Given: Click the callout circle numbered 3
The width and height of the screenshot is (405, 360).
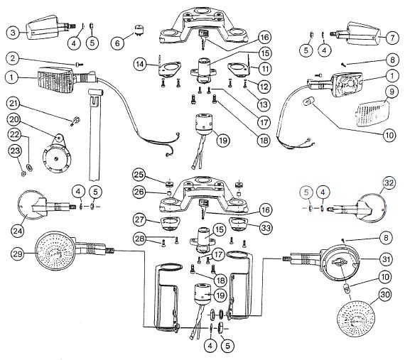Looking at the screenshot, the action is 13,33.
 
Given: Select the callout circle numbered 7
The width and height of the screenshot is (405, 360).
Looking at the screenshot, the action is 392,38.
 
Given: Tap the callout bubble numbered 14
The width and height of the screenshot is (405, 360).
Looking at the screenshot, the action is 141,64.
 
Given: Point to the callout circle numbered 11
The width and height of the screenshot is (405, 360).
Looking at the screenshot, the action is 264,69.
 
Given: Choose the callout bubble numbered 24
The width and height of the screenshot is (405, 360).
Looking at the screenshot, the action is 18,231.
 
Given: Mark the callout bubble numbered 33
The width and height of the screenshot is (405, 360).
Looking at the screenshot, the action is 266,228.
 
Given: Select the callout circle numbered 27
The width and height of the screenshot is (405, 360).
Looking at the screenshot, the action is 140,220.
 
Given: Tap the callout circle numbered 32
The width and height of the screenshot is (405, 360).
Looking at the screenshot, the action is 389,183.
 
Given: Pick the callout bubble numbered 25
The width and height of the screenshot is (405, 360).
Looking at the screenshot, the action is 139,175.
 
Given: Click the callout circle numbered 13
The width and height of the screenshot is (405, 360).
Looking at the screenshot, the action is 264,105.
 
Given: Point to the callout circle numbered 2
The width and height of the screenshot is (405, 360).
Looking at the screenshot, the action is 13,59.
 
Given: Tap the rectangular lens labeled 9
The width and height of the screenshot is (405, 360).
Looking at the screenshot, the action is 373,114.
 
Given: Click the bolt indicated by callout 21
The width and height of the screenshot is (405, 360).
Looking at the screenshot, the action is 75,121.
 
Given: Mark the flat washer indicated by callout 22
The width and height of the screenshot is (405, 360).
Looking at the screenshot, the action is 30,167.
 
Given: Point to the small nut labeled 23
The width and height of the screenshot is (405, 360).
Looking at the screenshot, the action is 23,174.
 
